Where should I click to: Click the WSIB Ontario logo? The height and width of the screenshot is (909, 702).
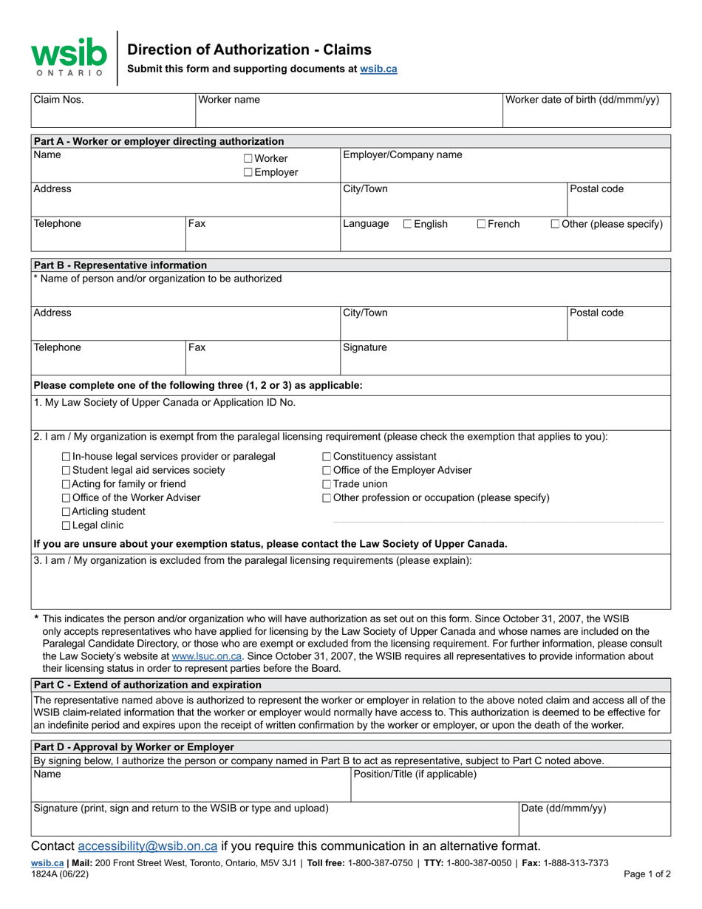tap(68, 58)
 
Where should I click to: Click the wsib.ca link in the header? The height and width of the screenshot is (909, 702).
tap(378, 69)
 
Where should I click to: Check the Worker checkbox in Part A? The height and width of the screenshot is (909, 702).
tap(248, 159)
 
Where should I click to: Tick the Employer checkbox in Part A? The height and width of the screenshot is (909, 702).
tap(248, 173)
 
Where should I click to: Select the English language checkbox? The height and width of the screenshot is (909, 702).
tap(408, 225)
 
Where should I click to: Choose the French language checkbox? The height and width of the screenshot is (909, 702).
tap(481, 225)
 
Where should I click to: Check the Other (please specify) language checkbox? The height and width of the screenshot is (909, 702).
tap(556, 225)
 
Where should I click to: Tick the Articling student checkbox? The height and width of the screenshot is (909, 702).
tap(67, 512)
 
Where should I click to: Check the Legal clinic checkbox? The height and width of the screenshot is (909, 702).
tap(67, 526)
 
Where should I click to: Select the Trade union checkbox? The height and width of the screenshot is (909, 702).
tap(327, 484)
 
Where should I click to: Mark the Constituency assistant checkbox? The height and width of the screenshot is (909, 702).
tap(327, 457)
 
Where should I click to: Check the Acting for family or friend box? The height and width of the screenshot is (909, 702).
tap(67, 484)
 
